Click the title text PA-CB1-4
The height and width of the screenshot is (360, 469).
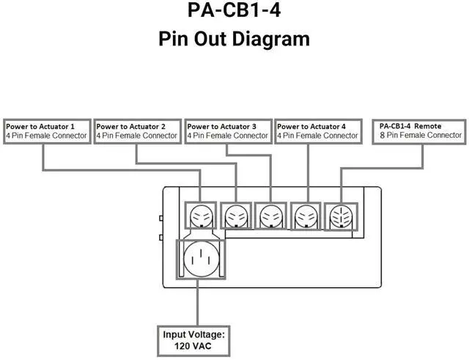tap(234, 12)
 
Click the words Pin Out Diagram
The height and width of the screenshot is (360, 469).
tap(234, 39)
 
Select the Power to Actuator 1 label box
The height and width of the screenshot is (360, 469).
tap(46, 131)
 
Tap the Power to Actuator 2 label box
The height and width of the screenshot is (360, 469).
tap(137, 131)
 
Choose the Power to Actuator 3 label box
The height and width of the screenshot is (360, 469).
tap(228, 131)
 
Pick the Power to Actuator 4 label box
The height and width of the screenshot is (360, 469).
tap(318, 131)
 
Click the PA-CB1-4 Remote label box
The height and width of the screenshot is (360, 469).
tap(421, 131)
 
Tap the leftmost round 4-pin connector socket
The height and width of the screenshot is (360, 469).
tap(201, 216)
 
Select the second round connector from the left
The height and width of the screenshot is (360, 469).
tap(236, 216)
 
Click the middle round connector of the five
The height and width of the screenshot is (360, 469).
tap(271, 216)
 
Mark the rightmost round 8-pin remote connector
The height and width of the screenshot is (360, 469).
tap(341, 216)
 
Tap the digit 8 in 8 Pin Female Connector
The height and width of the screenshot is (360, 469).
tap(383, 136)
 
